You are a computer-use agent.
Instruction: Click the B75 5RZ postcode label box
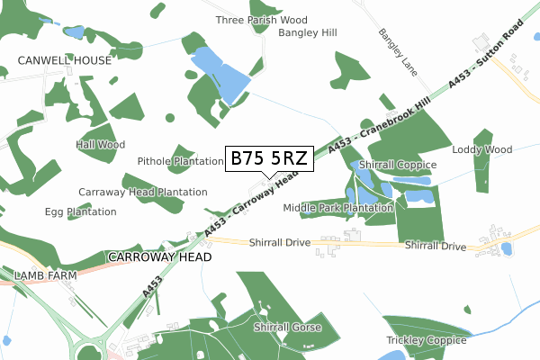pyautogui.click(x=269, y=158)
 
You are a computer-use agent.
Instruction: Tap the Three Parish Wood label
pyautogui.click(x=261, y=20)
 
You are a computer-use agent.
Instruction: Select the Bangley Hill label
pyautogui.click(x=307, y=32)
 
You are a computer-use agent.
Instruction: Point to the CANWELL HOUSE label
pyautogui.click(x=65, y=60)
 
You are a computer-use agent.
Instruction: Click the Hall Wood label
pyautogui.click(x=101, y=144)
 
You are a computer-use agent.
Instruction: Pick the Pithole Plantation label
pyautogui.click(x=180, y=161)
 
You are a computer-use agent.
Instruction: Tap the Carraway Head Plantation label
pyautogui.click(x=142, y=192)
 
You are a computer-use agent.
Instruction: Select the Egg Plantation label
pyautogui.click(x=80, y=211)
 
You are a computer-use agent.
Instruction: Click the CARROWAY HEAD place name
pyautogui.click(x=159, y=256)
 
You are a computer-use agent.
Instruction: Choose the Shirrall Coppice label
pyautogui.click(x=397, y=165)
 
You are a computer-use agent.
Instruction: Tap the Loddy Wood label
pyautogui.click(x=481, y=149)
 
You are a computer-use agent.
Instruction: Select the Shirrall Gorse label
pyautogui.click(x=287, y=327)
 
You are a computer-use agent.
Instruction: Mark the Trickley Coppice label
pyautogui.click(x=427, y=340)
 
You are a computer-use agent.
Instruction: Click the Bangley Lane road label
pyautogui.click(x=394, y=51)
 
